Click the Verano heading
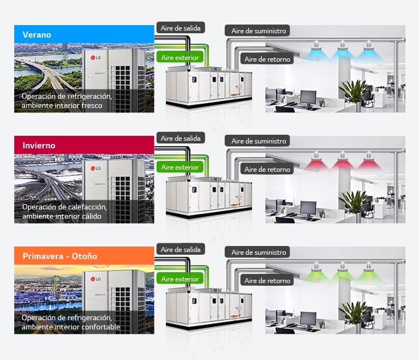37,35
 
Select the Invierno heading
39,145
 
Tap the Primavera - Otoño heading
60,256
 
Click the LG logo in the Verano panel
95,57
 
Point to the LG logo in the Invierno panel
95,168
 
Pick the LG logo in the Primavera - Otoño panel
95,279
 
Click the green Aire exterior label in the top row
180,57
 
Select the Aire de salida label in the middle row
181,138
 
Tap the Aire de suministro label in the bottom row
259,252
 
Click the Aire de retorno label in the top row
267,59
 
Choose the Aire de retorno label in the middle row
267,169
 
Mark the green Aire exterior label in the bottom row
180,279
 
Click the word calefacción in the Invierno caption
89,207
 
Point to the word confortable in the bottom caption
100,327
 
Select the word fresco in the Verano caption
92,105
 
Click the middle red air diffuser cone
343,163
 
